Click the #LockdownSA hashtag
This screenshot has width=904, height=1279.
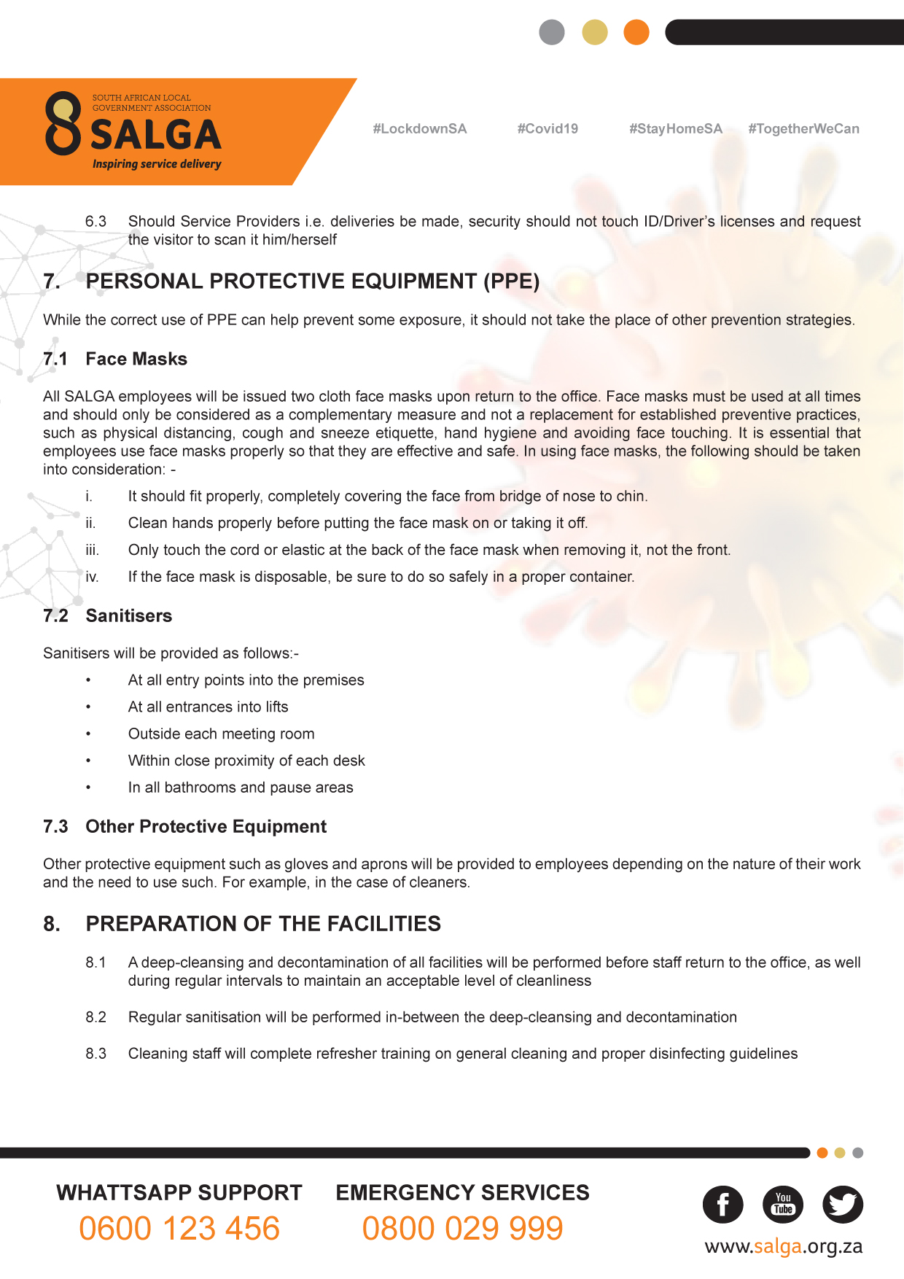(x=419, y=129)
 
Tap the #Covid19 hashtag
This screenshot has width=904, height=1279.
(x=548, y=129)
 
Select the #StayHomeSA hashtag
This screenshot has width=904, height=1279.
(x=675, y=129)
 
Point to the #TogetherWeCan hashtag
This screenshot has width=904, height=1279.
(x=803, y=129)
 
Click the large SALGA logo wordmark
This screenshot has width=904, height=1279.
(x=155, y=135)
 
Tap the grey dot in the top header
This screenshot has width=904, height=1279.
(x=552, y=32)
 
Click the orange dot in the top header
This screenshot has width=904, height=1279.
(x=636, y=32)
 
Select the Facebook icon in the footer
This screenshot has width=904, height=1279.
(x=722, y=1205)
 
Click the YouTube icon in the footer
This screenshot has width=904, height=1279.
(x=783, y=1205)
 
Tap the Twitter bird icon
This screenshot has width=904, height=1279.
(x=843, y=1205)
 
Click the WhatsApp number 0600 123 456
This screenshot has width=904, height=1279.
(x=179, y=1229)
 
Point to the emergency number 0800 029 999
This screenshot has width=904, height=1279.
(x=462, y=1229)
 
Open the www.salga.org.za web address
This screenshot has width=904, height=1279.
(x=783, y=1247)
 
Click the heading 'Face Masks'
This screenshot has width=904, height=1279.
(x=136, y=359)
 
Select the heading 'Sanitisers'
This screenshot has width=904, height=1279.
(x=129, y=615)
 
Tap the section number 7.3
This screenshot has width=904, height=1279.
(x=55, y=826)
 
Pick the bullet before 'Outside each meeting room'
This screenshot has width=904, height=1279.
(x=88, y=734)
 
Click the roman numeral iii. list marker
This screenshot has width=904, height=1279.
(x=92, y=550)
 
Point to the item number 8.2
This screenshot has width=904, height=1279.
(x=96, y=1017)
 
